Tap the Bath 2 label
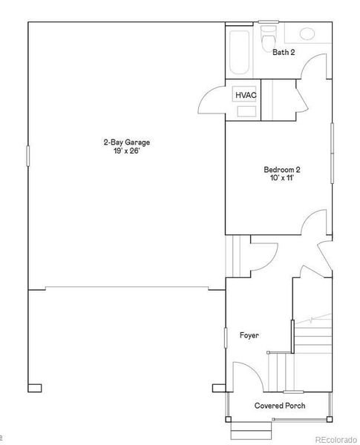pyautogui.click(x=284, y=53)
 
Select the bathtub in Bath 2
pyautogui.click(x=240, y=52)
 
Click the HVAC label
pyautogui.click(x=245, y=96)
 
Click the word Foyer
pyautogui.click(x=249, y=336)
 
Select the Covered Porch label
pyautogui.click(x=280, y=406)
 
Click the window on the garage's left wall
pyautogui.click(x=28, y=156)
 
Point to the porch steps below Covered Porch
pyautogui.click(x=246, y=431)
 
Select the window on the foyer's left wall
pyautogui.click(x=226, y=337)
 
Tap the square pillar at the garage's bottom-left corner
pyautogui.click(x=35, y=387)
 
